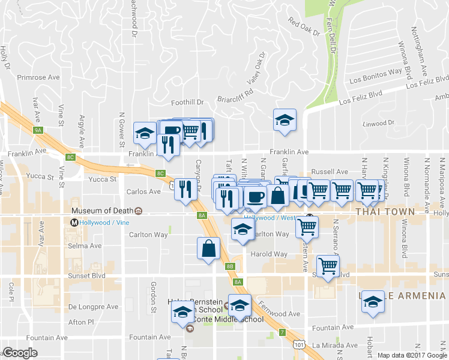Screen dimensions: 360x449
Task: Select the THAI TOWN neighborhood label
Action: tap(385, 212)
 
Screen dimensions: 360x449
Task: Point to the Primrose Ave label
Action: tap(39, 77)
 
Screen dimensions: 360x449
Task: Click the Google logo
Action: tap(20, 353)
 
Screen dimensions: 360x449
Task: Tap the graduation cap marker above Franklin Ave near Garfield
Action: tap(285, 119)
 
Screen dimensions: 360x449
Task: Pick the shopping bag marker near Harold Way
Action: tap(208, 248)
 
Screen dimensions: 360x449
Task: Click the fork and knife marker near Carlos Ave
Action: tap(185, 190)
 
